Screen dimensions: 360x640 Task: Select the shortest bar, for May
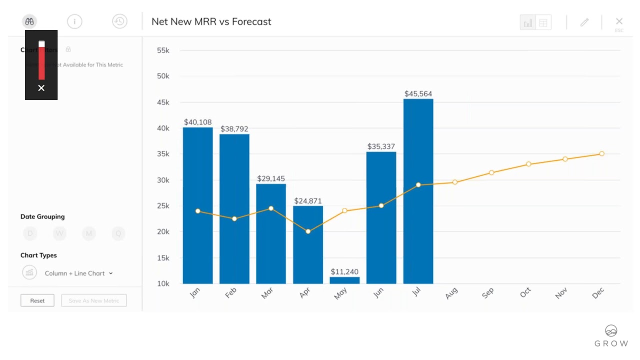point(344,280)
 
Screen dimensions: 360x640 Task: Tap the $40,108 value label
point(197,122)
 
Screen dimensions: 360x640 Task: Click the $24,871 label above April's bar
point(308,201)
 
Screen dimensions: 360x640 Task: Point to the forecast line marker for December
point(601,154)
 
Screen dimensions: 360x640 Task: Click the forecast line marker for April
point(308,231)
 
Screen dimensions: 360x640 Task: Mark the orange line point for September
point(491,172)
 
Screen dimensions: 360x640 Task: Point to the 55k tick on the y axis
point(163,50)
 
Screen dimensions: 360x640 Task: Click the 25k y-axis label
point(163,206)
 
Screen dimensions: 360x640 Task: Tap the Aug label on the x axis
point(451,293)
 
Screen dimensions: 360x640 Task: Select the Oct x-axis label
point(525,293)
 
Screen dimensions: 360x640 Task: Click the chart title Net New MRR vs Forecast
point(211,21)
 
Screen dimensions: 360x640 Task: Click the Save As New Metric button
point(93,300)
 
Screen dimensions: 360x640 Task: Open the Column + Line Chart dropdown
point(78,273)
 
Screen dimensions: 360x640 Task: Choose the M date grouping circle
point(89,233)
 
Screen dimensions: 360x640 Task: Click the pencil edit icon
point(584,22)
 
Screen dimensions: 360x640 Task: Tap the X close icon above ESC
point(619,21)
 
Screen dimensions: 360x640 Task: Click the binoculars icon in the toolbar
point(29,21)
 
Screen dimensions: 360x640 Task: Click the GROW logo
point(611,336)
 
